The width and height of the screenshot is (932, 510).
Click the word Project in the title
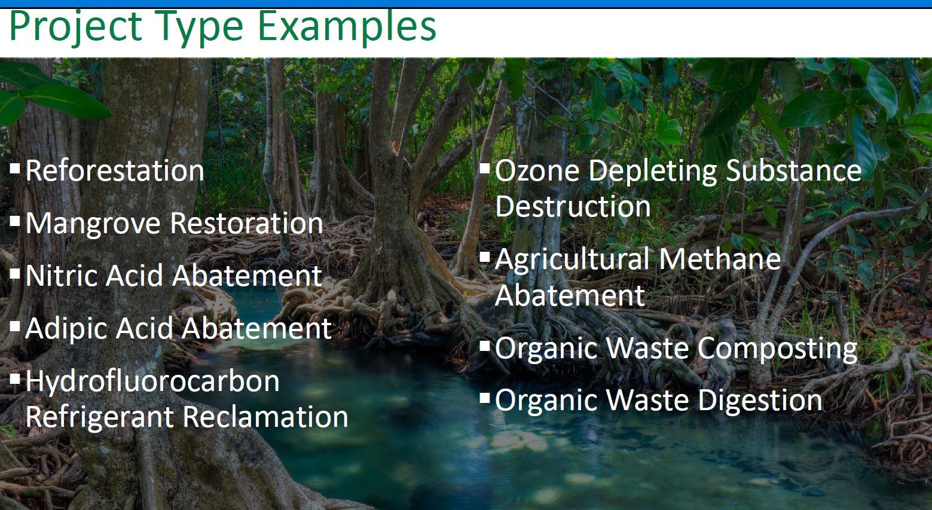[x=76, y=26]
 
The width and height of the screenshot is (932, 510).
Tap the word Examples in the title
[x=347, y=26]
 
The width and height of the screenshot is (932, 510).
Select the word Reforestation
[x=115, y=170]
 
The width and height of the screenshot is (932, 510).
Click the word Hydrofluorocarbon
[x=152, y=382]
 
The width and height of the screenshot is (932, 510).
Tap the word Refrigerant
[x=100, y=417]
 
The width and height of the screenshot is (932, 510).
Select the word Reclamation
[x=265, y=417]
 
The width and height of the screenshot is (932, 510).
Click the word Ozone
[x=537, y=170]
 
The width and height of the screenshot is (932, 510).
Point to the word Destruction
[x=573, y=206]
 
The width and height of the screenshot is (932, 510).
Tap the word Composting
[x=777, y=349]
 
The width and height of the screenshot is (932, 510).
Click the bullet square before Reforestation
[x=15, y=168]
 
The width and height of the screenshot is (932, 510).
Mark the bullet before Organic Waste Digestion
[x=485, y=398]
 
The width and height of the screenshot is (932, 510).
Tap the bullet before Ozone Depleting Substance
[x=485, y=168]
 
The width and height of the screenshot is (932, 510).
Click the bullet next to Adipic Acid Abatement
[x=15, y=326]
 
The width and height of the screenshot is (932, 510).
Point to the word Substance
[x=793, y=170]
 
